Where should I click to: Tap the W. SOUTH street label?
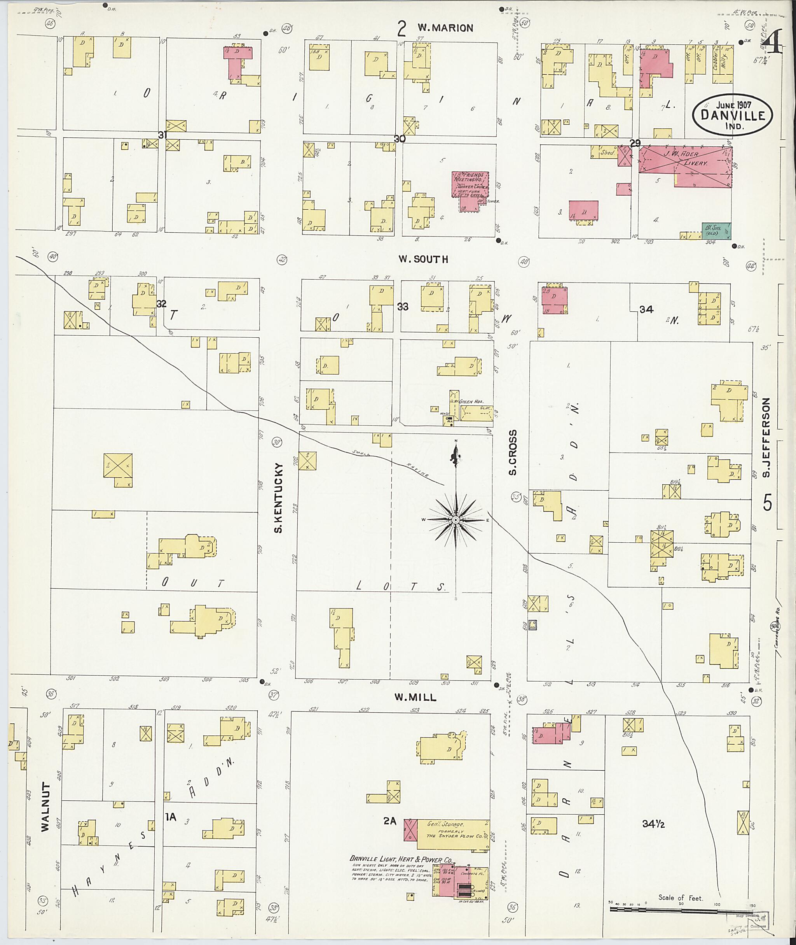pos(423,259)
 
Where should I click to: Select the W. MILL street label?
pos(415,698)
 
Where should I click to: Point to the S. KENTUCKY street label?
pos(278,497)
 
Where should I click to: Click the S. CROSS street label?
pos(513,452)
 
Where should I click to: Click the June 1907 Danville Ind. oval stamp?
pos(732,115)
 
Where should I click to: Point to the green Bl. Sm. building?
pos(716,230)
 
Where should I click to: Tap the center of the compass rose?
pos(456,521)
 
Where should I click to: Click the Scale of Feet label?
pos(680,898)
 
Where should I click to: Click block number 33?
pos(403,307)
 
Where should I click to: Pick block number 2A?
pos(389,822)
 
